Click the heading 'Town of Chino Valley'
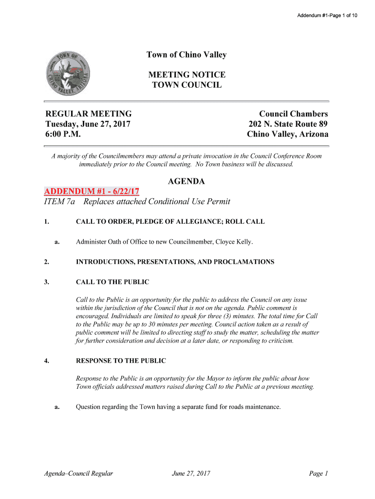(187, 55)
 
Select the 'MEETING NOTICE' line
(187, 75)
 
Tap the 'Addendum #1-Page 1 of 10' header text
(327, 16)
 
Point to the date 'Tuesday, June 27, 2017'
(88, 124)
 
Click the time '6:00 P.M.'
(63, 134)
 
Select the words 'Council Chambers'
(293, 114)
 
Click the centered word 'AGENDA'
(187, 182)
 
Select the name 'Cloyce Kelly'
(234, 242)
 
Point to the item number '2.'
(46, 262)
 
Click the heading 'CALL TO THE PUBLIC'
(112, 282)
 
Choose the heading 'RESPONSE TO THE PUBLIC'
(121, 361)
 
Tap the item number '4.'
(46, 361)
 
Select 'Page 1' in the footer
(319, 473)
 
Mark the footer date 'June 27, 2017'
(191, 473)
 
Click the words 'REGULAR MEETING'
(88, 114)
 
